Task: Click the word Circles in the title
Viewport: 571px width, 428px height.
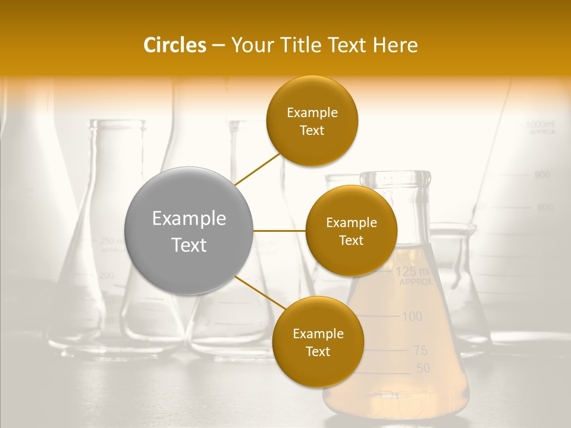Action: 174,45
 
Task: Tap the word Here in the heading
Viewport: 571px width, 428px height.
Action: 396,45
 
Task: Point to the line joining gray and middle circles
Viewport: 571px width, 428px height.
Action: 280,230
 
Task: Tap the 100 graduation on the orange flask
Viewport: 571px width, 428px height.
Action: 412,316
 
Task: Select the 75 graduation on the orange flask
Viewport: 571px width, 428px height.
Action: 420,351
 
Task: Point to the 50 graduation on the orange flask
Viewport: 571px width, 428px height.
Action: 422,369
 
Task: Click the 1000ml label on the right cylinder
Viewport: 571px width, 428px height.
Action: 540,125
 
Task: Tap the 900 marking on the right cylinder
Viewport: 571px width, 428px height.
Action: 542,175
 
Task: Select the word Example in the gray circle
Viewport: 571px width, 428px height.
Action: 189,219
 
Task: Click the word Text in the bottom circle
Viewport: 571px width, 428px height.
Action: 318,351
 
